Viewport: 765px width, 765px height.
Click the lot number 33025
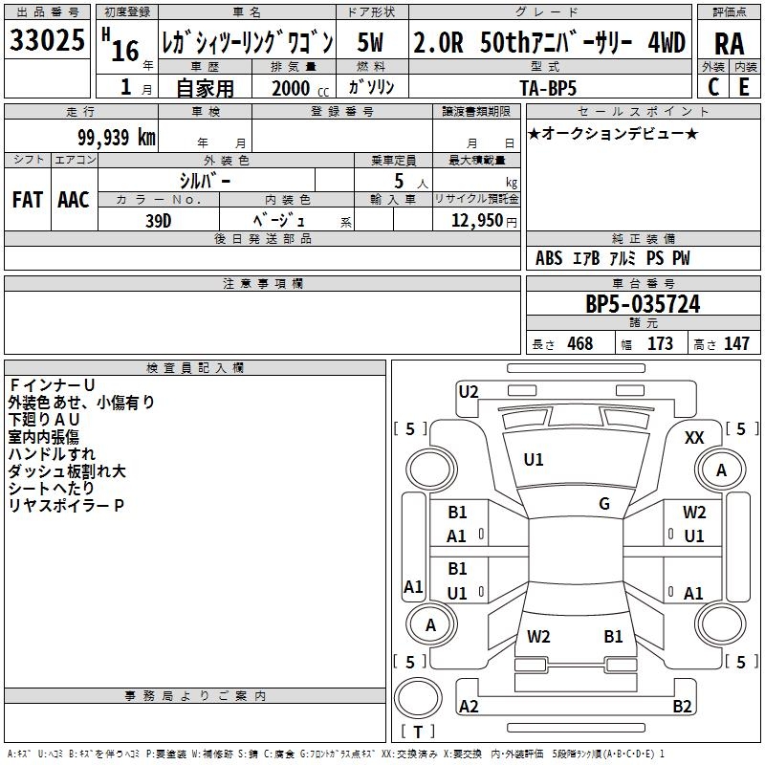(47, 41)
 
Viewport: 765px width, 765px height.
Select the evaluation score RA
(729, 44)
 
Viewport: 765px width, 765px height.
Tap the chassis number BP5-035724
(643, 305)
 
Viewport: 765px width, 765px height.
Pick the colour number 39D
(159, 219)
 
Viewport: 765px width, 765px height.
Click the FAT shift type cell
(28, 200)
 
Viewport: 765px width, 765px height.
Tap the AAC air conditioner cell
(73, 200)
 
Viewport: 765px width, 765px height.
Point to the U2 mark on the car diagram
(469, 390)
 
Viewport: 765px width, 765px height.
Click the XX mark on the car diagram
(695, 437)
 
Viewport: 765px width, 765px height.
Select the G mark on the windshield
(604, 504)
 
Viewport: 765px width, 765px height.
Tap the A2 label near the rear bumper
(469, 707)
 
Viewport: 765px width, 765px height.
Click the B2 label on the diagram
(682, 707)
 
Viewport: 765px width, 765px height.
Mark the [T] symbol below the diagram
(418, 732)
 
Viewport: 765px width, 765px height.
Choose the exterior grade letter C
(712, 86)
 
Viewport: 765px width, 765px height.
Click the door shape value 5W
(372, 43)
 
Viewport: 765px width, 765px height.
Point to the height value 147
(736, 343)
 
